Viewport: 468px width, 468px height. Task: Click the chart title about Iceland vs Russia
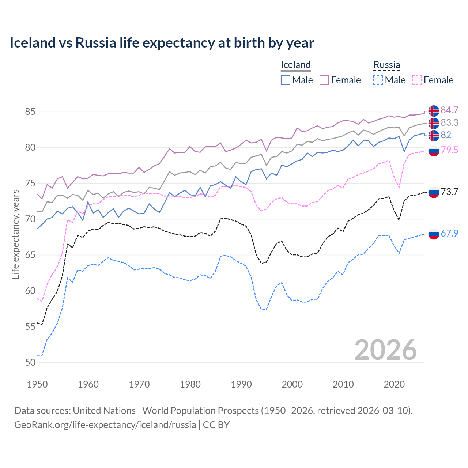[x=162, y=43]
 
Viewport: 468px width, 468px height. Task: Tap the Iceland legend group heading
[x=295, y=65]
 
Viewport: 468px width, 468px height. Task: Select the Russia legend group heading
[x=386, y=65]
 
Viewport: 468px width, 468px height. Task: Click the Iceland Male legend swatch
[x=286, y=80]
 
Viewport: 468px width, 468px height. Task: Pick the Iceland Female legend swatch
[x=324, y=80]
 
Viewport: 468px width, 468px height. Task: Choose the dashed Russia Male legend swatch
[x=378, y=80]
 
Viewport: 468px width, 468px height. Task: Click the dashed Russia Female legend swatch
[x=417, y=80]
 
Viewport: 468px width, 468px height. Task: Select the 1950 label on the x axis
[x=37, y=384]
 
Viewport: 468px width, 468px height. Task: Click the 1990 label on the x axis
[x=241, y=384]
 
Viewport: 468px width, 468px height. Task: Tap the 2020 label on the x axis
[x=394, y=384]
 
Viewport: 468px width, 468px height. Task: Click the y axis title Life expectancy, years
[x=15, y=234]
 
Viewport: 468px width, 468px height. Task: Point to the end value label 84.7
[x=449, y=110]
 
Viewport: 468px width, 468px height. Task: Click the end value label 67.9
[x=449, y=233]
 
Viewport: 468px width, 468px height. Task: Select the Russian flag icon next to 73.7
[x=434, y=192]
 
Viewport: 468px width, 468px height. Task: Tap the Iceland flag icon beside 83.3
[x=434, y=123]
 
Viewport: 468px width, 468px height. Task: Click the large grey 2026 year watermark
[x=385, y=350]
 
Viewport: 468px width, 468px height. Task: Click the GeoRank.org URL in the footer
[x=105, y=425]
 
